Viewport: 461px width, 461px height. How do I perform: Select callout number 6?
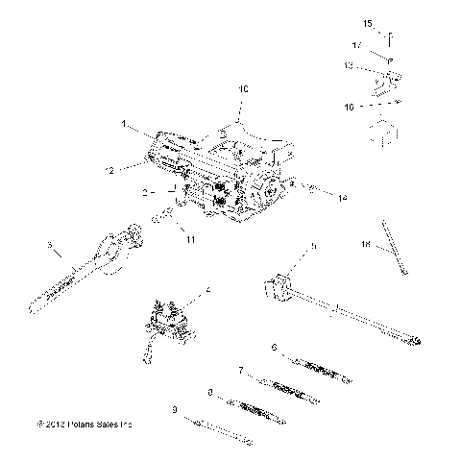(x=274, y=347)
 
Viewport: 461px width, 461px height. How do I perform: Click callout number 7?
(x=240, y=370)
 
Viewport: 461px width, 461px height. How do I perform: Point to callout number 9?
(x=174, y=410)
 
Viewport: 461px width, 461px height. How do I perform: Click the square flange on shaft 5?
(x=278, y=288)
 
